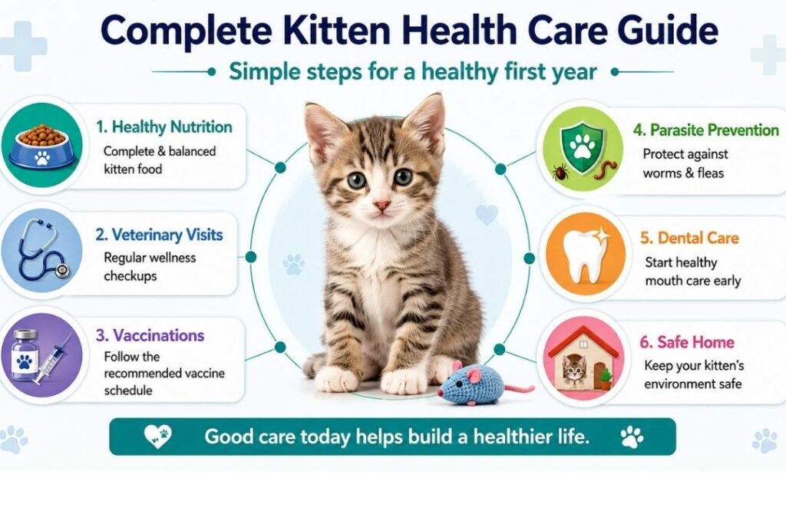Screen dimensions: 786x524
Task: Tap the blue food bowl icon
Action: [x=42, y=147]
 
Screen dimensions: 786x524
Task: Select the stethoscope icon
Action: [x=42, y=250]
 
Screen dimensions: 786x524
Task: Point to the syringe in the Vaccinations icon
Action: [x=52, y=360]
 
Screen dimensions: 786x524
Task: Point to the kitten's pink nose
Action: [x=381, y=206]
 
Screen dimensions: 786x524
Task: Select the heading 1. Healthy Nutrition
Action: [x=164, y=127]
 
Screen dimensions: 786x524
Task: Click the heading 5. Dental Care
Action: [x=689, y=238]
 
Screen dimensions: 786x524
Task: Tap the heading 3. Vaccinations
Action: [x=150, y=335]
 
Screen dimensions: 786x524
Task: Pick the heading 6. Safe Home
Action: [x=687, y=342]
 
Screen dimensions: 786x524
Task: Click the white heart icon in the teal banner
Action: [x=157, y=437]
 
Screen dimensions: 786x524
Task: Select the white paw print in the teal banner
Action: [x=632, y=437]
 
